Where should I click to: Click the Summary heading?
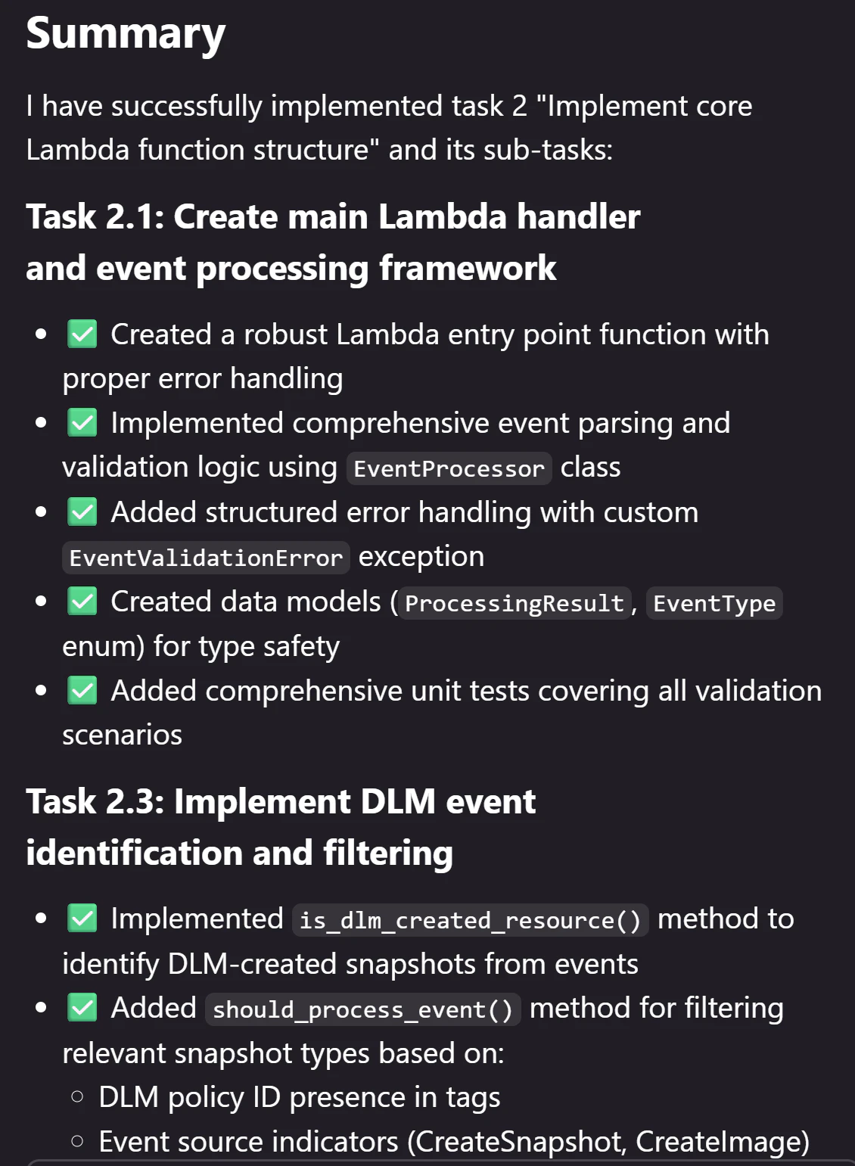(126, 34)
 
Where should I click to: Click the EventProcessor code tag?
(449, 468)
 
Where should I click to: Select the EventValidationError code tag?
(206, 558)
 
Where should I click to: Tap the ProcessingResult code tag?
(515, 603)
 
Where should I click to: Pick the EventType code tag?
(714, 603)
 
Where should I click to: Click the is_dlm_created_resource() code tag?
(471, 920)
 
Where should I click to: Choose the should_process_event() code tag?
(362, 1009)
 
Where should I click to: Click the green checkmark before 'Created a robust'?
(82, 334)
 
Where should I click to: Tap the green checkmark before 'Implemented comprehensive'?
(82, 423)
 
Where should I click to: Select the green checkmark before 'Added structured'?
(82, 511)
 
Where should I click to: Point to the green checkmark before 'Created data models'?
(82, 602)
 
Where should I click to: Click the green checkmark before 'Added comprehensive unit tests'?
(82, 690)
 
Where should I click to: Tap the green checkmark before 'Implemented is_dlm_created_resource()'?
(82, 919)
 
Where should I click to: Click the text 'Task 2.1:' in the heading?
(95, 216)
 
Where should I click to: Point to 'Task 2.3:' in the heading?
(95, 801)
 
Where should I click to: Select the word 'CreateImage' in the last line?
(718, 1142)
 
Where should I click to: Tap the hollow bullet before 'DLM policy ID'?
(77, 1097)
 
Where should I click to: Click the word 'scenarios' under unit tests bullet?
(123, 735)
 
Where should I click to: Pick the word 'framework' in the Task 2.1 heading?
(468, 268)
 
